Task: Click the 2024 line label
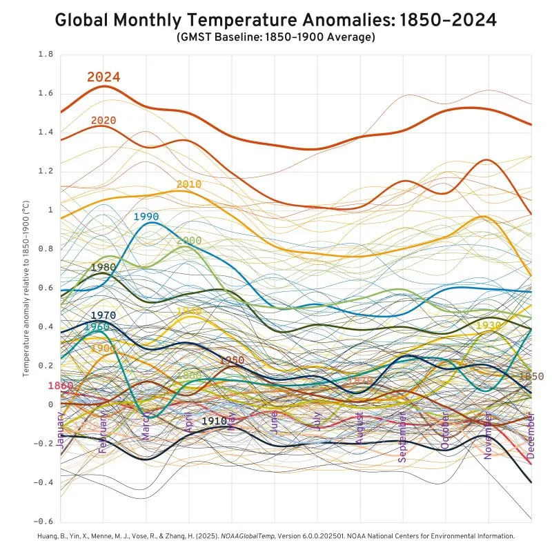pyautogui.click(x=103, y=77)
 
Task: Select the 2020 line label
pyautogui.click(x=103, y=121)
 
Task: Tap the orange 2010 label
pyautogui.click(x=188, y=184)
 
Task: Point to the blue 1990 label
pyautogui.click(x=146, y=217)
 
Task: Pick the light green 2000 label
pyautogui.click(x=189, y=241)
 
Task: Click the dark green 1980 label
pyautogui.click(x=103, y=267)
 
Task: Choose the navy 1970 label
pyautogui.click(x=103, y=315)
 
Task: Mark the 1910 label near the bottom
pyautogui.click(x=214, y=420)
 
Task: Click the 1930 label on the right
pyautogui.click(x=489, y=325)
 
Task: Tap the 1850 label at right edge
pyautogui.click(x=531, y=376)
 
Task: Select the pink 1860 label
pyautogui.click(x=61, y=386)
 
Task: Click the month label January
pyautogui.click(x=61, y=431)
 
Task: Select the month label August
pyautogui.click(x=359, y=433)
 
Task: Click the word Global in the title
pyautogui.click(x=86, y=20)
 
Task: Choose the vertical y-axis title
pyautogui.click(x=26, y=288)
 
